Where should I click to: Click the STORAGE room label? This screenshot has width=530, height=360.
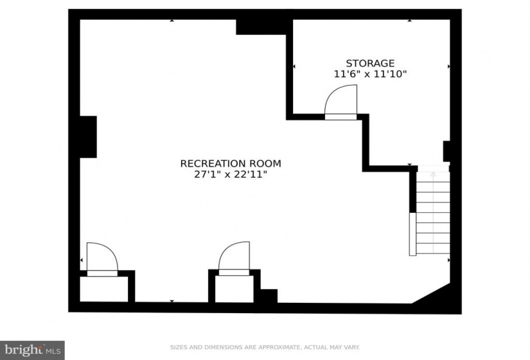(370, 63)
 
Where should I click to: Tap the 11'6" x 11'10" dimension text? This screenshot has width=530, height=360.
(370, 74)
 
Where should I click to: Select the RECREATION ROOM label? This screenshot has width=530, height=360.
(231, 163)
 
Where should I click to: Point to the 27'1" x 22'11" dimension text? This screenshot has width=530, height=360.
(231, 174)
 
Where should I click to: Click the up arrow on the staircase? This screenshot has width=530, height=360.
(433, 175)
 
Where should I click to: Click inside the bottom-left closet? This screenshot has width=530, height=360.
(104, 289)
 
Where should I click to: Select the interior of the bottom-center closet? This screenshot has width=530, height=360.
(234, 289)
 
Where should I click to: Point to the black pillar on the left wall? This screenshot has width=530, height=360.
(88, 137)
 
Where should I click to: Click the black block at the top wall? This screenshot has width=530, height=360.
(261, 27)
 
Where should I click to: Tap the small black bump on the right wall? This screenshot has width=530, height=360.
(446, 151)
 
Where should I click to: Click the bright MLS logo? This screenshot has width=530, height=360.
(33, 350)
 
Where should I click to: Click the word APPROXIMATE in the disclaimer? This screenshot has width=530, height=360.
(279, 347)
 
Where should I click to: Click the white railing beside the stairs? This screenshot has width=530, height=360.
(412, 234)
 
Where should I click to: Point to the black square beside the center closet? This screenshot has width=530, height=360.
(269, 296)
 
